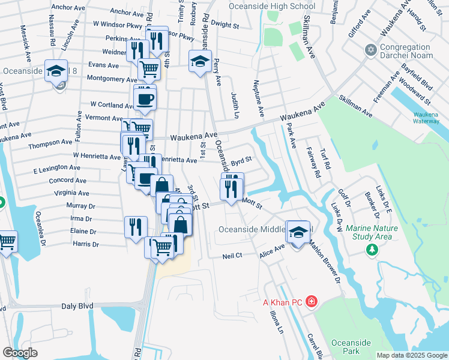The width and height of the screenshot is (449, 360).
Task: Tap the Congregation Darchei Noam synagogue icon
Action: [x=370, y=49]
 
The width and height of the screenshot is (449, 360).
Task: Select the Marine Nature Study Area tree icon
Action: [x=372, y=248]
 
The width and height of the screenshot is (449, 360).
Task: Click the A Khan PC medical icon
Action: [x=311, y=301]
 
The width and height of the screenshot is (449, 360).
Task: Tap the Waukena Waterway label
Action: [x=429, y=118]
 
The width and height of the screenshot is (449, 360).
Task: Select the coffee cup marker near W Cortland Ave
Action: [x=145, y=98]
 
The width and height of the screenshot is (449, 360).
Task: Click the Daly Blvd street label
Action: [x=77, y=306]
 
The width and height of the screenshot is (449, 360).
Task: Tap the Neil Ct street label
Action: [x=232, y=256]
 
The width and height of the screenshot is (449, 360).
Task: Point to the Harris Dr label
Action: [x=85, y=245]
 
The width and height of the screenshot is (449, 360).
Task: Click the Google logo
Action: [x=20, y=353]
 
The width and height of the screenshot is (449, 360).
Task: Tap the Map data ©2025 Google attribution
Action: [x=412, y=355]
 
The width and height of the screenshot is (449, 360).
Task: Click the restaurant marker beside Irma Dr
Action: [x=136, y=226]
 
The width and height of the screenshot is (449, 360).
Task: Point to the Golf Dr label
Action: [x=343, y=197]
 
